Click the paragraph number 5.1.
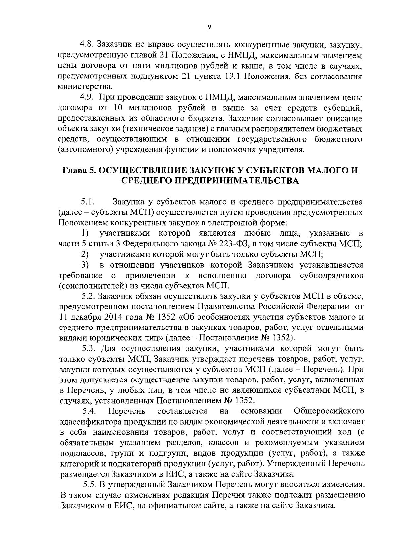tap(88, 202)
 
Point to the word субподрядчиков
tap(331, 276)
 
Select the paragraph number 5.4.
tap(89, 411)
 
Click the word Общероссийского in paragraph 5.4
tap(329, 411)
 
